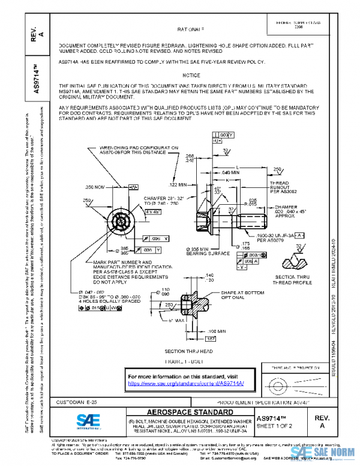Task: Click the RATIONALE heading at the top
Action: click(191, 29)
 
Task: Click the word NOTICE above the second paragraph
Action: click(191, 76)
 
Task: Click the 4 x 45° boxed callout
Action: click(154, 211)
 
